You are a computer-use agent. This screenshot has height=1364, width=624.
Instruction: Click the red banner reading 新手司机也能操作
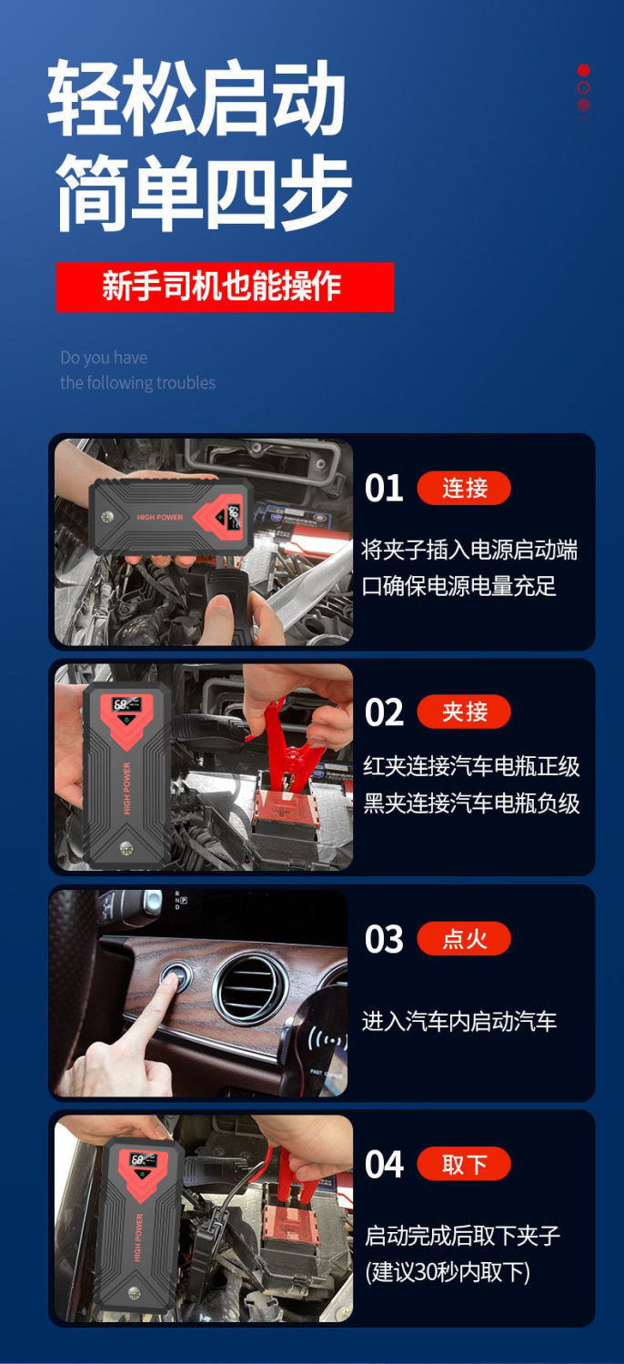click(225, 287)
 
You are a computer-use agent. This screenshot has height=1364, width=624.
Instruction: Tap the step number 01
click(384, 489)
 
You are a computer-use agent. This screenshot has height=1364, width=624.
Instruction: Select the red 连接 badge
click(464, 488)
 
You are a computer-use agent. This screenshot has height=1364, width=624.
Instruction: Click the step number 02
click(384, 712)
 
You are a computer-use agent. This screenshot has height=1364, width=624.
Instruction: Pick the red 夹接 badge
click(464, 712)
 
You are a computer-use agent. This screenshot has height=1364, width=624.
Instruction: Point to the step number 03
click(384, 939)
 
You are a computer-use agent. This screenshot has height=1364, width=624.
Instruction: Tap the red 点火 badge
click(464, 938)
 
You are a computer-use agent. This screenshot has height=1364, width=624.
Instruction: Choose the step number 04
click(384, 1165)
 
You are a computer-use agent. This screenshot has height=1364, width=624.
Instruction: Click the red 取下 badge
click(464, 1164)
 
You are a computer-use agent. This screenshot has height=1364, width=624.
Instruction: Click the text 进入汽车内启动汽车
click(459, 1021)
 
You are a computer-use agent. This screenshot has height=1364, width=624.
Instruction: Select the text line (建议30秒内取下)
click(448, 1271)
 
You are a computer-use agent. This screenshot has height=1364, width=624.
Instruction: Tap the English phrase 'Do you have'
click(104, 358)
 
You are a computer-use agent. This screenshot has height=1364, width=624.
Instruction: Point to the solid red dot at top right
click(583, 70)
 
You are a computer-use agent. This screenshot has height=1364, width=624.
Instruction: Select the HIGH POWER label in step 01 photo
click(159, 517)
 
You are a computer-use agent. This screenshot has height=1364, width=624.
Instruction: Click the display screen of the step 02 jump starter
click(126, 704)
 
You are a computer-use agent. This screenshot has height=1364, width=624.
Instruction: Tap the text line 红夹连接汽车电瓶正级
click(471, 766)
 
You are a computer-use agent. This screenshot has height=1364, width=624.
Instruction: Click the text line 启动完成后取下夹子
click(462, 1236)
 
